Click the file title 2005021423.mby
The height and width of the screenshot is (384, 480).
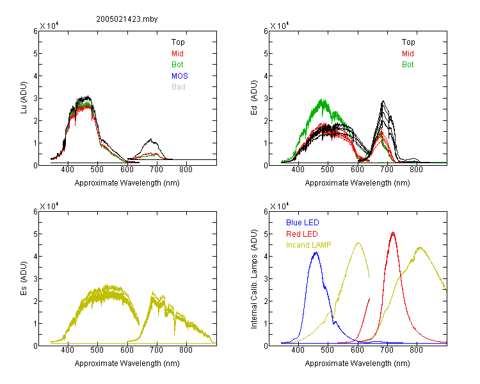coord(127,19)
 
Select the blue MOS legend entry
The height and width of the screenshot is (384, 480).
coord(180,76)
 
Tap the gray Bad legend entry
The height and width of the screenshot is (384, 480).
coord(179,86)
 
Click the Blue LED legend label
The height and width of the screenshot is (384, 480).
coord(303,222)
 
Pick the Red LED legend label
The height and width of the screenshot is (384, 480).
coord(302,234)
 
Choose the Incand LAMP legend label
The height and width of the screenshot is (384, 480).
coord(308,245)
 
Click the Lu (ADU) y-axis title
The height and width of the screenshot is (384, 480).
coord(24,98)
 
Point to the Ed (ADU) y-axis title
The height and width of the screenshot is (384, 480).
coord(254,98)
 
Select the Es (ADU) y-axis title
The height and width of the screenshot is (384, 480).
coord(24,278)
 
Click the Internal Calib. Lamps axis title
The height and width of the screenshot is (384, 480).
coord(254,279)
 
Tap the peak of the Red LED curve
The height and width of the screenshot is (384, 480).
coord(393,233)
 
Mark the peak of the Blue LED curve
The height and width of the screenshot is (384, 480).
coord(316,252)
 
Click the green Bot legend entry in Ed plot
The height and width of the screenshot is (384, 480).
coord(408,64)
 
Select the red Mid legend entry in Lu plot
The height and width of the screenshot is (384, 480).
coord(177,54)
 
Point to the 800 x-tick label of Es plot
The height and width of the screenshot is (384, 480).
coord(186,349)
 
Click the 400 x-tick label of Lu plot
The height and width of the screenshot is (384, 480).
coord(68,170)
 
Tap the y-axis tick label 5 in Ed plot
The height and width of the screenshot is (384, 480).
coord(266,54)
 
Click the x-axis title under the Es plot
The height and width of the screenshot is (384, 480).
coord(127,363)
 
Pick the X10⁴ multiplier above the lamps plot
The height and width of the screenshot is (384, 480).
coord(279,206)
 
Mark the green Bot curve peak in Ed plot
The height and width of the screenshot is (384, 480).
coord(321,99)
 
